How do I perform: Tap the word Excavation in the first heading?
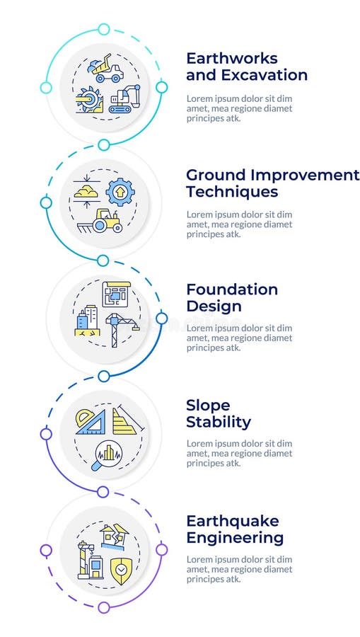pyautogui.click(x=263, y=75)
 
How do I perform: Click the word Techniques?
pyautogui.click(x=231, y=192)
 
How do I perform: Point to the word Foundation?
pyautogui.click(x=231, y=289)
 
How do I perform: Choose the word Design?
pyautogui.click(x=214, y=306)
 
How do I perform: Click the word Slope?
pyautogui.click(x=208, y=406)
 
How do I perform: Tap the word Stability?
pyautogui.click(x=219, y=423)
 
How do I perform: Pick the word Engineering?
pyautogui.click(x=235, y=538)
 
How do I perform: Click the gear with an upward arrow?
pyautogui.click(x=120, y=191)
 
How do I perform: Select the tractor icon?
pyautogui.click(x=107, y=221)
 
